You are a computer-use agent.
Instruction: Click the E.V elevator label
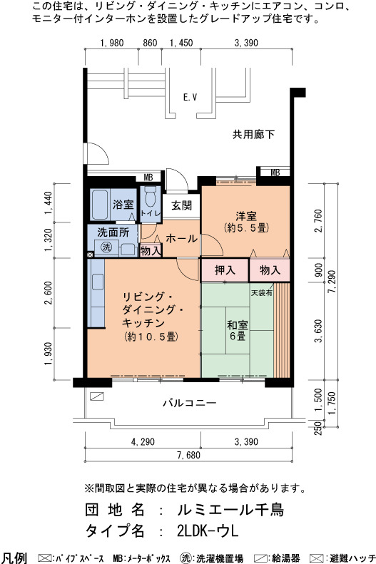click(x=190, y=97)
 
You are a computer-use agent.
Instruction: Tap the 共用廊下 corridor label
click(x=253, y=135)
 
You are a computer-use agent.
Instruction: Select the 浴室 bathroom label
click(x=123, y=205)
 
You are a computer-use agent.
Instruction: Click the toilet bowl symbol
click(x=151, y=196)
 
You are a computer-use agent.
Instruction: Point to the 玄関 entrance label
click(x=181, y=206)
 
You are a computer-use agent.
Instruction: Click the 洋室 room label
click(x=246, y=216)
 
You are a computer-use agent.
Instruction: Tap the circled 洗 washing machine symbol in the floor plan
click(x=106, y=247)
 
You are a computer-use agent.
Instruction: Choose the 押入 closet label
click(x=225, y=270)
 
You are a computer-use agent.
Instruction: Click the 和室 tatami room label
click(x=237, y=325)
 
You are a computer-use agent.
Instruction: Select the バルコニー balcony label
click(x=190, y=402)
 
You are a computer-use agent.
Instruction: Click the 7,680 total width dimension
click(x=188, y=456)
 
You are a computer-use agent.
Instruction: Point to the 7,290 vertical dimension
click(x=332, y=282)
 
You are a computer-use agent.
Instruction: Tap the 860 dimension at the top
click(x=150, y=43)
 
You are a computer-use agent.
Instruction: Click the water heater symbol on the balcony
click(x=97, y=396)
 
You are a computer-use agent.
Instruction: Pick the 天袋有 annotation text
click(x=262, y=293)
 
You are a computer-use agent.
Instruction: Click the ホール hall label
click(x=181, y=238)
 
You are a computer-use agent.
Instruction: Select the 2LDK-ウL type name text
click(x=208, y=531)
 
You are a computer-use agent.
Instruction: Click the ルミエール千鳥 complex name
click(x=230, y=510)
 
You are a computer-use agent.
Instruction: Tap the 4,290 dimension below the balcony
click(x=143, y=441)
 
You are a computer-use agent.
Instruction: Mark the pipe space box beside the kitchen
click(x=90, y=255)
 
